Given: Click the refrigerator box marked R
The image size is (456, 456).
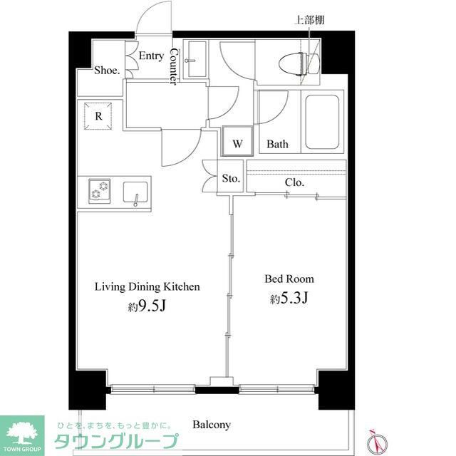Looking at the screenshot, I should click(98, 116).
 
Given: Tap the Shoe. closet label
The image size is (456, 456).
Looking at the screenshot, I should click(107, 71).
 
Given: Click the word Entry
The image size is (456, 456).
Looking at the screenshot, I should click(151, 56).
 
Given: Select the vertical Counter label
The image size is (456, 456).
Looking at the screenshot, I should click(173, 68).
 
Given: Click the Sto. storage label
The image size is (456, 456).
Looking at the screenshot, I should click(229, 179).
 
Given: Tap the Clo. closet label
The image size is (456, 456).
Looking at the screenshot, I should click(294, 182).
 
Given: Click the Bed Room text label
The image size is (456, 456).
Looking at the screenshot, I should click(289, 279).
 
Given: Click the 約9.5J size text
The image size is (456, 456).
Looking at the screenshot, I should click(147, 307).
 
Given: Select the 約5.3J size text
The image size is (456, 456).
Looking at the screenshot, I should click(289, 299).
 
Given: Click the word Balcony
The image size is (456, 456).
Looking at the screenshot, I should click(212, 425).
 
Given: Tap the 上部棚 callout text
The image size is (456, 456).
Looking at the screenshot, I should click(310, 20).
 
